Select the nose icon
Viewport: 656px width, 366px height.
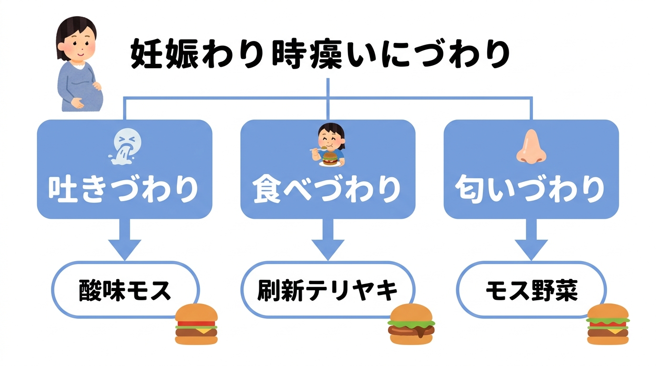(x=530, y=147)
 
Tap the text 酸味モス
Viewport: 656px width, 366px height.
(x=124, y=290)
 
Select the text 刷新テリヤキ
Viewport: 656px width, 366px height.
(x=328, y=290)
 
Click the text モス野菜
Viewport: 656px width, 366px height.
(x=531, y=290)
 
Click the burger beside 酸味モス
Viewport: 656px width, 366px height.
(x=196, y=324)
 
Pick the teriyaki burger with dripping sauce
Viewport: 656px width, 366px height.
(x=412, y=324)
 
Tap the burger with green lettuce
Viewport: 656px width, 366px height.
(x=607, y=324)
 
